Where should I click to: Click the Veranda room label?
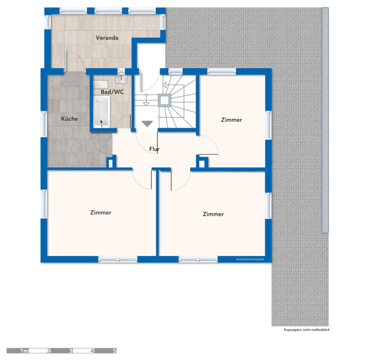107,38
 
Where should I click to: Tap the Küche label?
69,119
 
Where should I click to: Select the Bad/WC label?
112,92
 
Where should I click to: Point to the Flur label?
154,149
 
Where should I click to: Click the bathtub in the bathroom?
102,111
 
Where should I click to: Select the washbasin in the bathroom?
121,79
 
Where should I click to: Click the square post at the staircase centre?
164,100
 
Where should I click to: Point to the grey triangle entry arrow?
147,124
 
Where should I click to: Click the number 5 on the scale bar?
114,350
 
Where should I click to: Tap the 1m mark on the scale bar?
25,350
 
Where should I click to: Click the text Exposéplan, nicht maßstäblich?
307,330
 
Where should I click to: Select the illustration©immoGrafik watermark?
250,259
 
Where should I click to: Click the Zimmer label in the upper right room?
231,120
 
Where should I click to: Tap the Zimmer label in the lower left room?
101,212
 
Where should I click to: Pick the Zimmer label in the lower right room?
213,214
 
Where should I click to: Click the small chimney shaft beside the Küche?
111,163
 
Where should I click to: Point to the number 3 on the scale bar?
71,350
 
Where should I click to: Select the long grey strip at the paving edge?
325,120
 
